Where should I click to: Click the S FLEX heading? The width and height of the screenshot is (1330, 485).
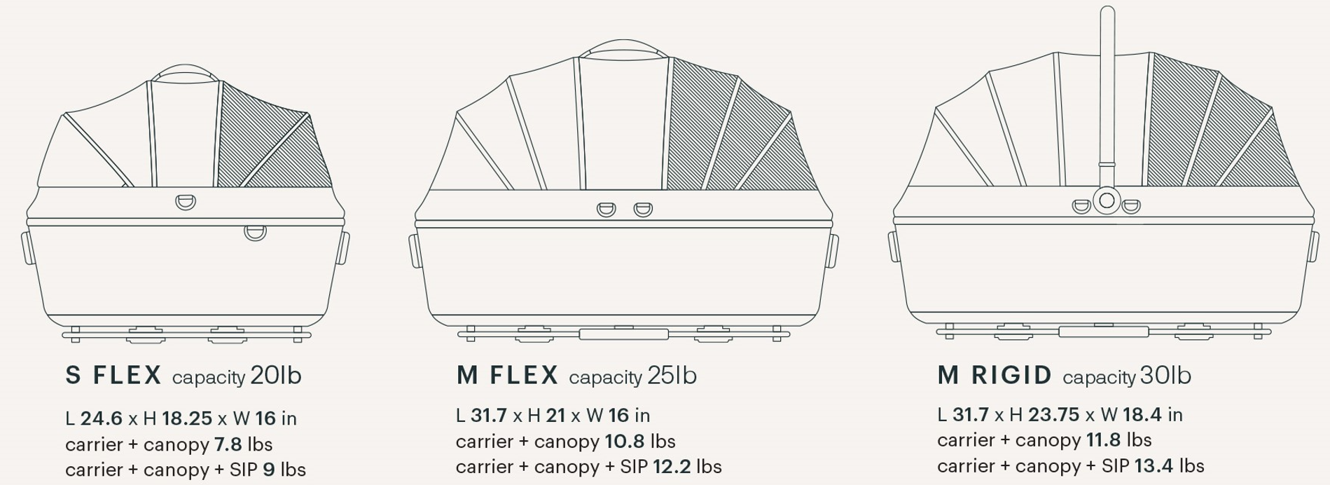coord(113,376)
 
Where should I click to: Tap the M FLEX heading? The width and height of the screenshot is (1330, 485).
coord(507,376)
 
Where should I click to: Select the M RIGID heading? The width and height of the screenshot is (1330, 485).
coord(995,376)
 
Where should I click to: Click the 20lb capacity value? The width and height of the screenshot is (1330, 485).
coord(276,376)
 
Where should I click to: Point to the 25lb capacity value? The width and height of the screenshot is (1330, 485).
coord(672,376)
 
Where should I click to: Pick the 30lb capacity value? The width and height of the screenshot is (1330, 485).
coord(1165,376)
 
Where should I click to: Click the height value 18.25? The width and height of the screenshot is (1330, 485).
coord(187,418)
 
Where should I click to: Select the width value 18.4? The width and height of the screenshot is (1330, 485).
coord(1142,415)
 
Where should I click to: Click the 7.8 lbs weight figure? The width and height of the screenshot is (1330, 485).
coord(228,444)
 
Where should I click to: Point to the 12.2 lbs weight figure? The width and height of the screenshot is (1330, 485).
coord(672,467)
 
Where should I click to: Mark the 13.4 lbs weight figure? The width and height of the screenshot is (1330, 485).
coord(1154,466)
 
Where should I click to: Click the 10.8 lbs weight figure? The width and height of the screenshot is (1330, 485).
coord(625,442)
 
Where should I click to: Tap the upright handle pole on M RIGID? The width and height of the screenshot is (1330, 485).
coord(1107,84)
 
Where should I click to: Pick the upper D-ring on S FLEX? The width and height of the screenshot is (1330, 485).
coord(186,202)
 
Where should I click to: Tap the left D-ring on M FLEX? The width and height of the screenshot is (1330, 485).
coord(606,209)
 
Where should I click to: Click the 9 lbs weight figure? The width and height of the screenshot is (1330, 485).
coord(269,470)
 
